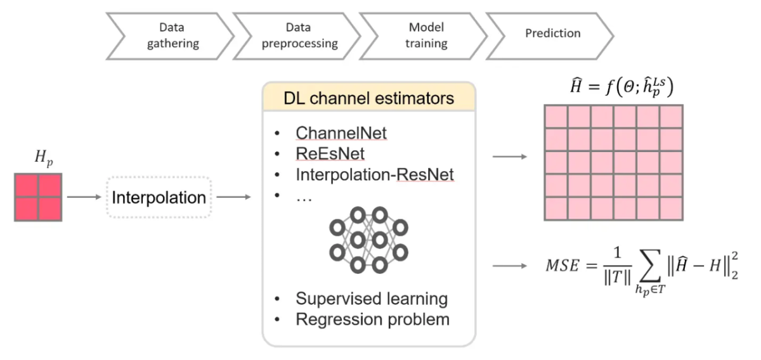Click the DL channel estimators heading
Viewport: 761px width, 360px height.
(x=368, y=99)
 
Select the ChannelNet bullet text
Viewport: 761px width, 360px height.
(x=341, y=134)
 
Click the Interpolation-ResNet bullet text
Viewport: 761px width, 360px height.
(x=375, y=174)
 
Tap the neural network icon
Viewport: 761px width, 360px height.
(x=368, y=239)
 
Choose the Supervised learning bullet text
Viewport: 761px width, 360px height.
(x=372, y=299)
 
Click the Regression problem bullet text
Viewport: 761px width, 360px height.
(x=372, y=319)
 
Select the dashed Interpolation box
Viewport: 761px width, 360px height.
(x=158, y=197)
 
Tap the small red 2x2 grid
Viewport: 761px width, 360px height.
(x=38, y=197)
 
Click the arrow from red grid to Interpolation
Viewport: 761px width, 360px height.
(x=84, y=197)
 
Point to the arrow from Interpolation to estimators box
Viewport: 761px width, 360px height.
(x=233, y=197)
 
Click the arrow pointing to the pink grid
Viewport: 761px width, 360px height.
(x=509, y=155)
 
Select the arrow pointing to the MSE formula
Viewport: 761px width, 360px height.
(x=509, y=264)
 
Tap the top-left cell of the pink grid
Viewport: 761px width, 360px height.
(x=556, y=117)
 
